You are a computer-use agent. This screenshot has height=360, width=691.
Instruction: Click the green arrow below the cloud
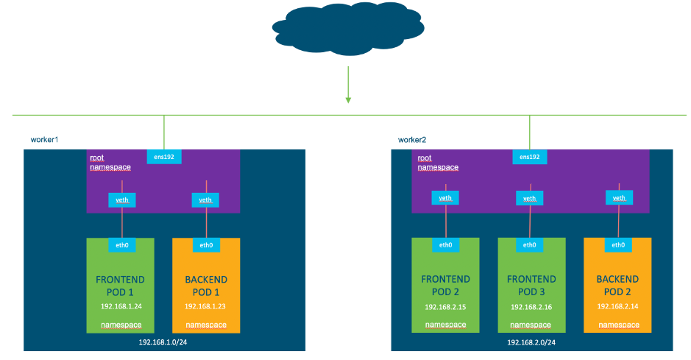point(347,85)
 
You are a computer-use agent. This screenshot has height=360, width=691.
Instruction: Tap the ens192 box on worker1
point(163,157)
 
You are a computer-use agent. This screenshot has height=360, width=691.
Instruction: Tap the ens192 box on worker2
point(529,157)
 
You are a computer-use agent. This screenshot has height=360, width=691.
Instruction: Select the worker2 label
point(412,139)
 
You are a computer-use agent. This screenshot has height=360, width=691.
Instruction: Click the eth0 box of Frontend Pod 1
point(120,245)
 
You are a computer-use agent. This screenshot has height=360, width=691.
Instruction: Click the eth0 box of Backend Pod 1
point(206,245)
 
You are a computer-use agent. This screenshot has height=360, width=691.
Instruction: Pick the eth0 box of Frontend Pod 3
point(529,245)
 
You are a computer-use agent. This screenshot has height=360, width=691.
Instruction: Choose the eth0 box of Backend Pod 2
point(619,245)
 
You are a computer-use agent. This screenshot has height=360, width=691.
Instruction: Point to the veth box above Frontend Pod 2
point(445,198)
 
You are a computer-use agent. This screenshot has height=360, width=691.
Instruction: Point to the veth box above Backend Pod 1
point(205,199)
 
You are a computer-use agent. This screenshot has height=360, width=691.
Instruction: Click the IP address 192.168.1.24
point(121,306)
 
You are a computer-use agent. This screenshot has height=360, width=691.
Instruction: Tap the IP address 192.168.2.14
point(617,306)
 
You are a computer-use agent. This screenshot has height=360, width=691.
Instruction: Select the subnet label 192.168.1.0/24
point(163,342)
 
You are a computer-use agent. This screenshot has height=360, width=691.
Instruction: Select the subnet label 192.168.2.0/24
point(531,342)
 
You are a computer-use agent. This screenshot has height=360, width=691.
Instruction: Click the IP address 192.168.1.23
point(205,306)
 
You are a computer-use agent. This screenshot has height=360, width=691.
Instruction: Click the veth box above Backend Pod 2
point(619,197)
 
